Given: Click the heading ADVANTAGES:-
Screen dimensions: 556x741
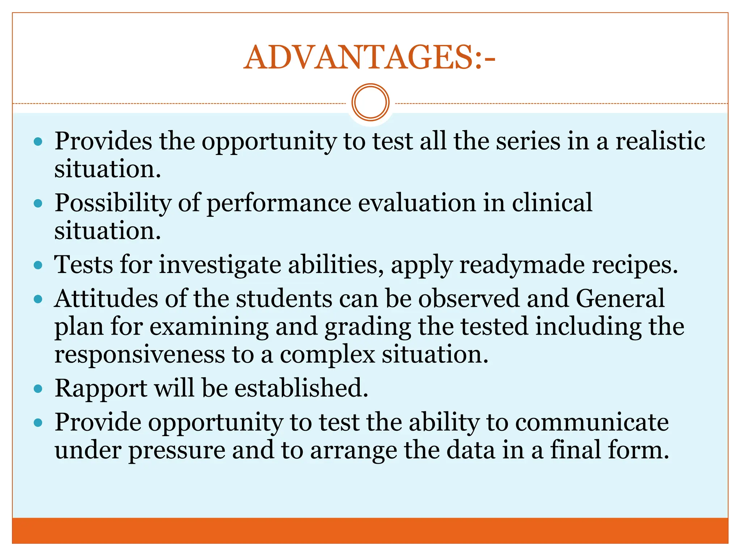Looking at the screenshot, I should click(369, 58).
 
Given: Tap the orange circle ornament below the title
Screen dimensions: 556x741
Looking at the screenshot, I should click(370, 102).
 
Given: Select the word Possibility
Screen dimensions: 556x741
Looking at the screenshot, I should click(113, 203).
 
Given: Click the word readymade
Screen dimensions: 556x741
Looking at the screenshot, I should click(522, 265).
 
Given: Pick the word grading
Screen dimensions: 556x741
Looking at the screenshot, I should click(367, 327).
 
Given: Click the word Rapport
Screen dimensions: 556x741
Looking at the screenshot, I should click(101, 388).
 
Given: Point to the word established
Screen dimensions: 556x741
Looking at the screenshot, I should click(301, 388).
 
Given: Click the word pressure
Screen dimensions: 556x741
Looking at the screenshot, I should click(177, 450).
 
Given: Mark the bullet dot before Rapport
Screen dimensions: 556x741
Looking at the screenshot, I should click(38, 389).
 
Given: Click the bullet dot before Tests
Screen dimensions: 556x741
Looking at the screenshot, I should click(38, 266).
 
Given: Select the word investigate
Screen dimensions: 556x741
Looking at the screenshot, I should click(220, 265).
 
